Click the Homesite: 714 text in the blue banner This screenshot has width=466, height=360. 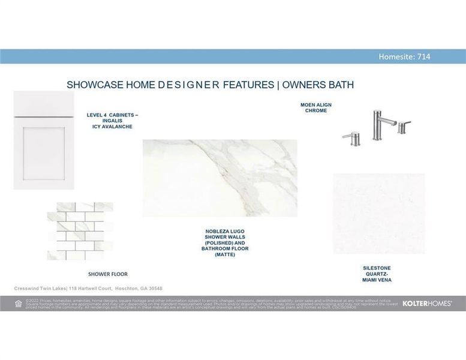coord(404,57)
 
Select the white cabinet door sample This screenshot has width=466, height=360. coord(44,141)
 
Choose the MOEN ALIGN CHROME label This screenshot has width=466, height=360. coord(316,108)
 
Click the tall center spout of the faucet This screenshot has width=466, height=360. coord(378,125)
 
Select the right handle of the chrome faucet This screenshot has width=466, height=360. coord(403,127)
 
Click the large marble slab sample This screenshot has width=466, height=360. coord(220,178)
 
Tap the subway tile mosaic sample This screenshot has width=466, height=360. coord(80,231)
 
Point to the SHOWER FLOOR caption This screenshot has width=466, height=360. coord(108,274)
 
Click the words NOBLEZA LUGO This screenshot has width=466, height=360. coord(225,231)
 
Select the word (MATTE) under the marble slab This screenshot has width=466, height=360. coord(225,254)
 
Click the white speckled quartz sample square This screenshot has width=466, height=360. coord(379,214)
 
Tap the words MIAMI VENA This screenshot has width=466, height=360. coord(377,280)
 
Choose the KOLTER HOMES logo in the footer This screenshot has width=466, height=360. coord(426,304)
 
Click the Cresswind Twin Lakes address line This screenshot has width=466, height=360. coord(88,289)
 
